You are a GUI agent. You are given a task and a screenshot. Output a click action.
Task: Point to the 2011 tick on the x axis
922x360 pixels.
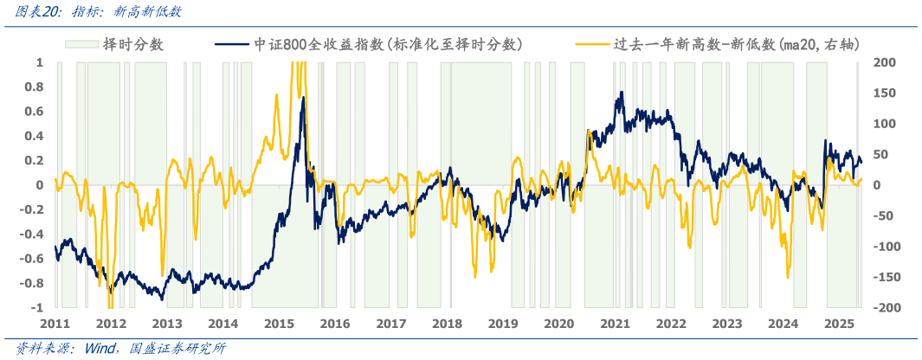(55, 324)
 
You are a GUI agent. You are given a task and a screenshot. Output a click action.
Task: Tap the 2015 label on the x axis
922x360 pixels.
(279, 324)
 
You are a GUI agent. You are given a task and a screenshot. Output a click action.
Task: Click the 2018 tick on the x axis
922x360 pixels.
(447, 324)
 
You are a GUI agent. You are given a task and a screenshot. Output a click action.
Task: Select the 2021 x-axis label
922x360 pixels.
(615, 324)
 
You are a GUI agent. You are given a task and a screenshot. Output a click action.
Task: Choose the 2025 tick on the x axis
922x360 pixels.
(839, 324)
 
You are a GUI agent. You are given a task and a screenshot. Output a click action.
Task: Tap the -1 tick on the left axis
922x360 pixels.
(38, 308)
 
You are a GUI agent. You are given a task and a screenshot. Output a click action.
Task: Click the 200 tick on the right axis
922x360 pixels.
(884, 62)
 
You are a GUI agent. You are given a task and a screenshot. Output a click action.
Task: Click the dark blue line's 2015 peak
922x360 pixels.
(303, 109)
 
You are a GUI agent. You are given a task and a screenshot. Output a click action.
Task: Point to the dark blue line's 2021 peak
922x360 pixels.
(621, 93)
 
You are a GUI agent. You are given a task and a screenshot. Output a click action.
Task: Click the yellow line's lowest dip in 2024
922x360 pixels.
(788, 278)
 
